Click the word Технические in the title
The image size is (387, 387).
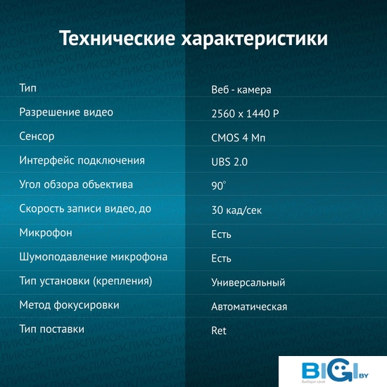coord(118,39)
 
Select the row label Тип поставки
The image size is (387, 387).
coord(52,329)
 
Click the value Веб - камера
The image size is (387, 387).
coord(241,89)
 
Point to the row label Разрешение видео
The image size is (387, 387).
coord(66,113)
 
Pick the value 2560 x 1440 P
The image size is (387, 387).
coord(245,114)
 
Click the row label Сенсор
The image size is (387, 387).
coord(37,137)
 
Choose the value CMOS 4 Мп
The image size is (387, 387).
coord(238,138)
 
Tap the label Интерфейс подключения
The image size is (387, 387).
coord(82,160)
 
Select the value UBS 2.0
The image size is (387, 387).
coord(229,162)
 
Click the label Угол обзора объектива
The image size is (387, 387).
coord(76,184)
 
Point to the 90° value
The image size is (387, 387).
coord(218,186)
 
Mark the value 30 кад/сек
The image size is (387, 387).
coord(236,210)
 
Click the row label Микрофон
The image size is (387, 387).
coord(46,233)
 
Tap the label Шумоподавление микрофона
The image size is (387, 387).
coord(94,257)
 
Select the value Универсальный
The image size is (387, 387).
coord(248,282)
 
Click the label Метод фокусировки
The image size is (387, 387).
coord(69,305)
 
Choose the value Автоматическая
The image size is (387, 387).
coord(249,307)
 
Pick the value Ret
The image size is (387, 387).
coord(219,331)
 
